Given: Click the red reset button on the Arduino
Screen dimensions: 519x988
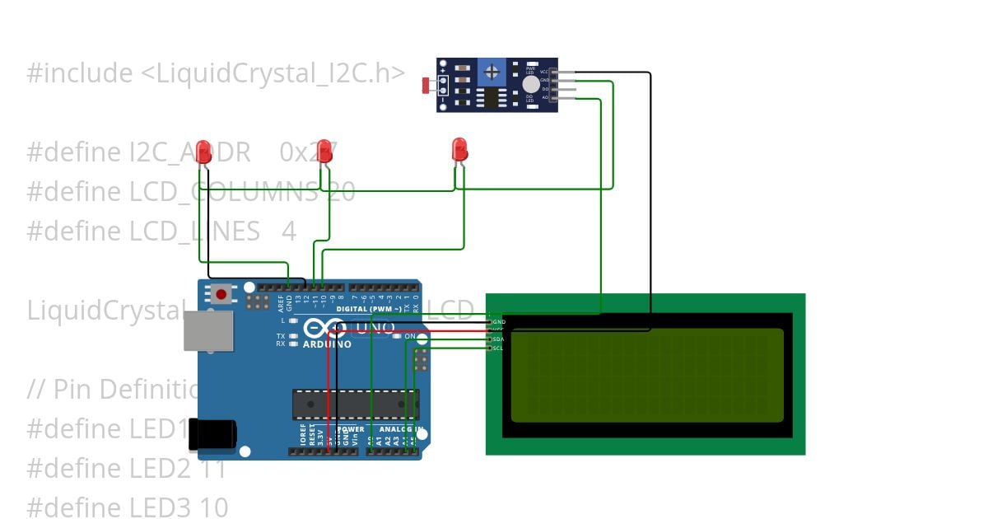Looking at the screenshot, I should (x=221, y=293).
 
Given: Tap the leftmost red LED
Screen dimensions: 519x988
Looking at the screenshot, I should (x=203, y=152).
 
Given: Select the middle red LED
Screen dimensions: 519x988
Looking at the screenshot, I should (x=324, y=151).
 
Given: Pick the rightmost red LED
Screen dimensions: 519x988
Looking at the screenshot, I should (x=460, y=149).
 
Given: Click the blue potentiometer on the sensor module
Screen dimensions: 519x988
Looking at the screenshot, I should (x=492, y=72).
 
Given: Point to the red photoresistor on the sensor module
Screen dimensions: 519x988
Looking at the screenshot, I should (x=426, y=85).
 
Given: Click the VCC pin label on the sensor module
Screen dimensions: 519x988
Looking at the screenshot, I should (x=544, y=72).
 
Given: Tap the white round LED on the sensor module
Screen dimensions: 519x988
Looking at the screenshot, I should (x=531, y=84).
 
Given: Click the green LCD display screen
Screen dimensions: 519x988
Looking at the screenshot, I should (x=647, y=375).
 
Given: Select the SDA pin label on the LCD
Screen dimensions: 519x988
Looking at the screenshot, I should (x=497, y=339).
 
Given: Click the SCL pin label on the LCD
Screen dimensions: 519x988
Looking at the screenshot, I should (x=497, y=348).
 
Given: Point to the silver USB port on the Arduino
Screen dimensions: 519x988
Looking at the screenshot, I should (x=208, y=331).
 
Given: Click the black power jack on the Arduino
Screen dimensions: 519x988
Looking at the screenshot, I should (x=212, y=434).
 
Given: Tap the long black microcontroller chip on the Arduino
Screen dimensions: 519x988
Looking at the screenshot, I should (x=356, y=404).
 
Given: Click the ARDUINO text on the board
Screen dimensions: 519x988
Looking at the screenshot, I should (x=327, y=344).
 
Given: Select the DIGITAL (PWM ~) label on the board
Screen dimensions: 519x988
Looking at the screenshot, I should (x=370, y=309).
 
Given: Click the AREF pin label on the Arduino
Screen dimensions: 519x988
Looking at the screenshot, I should (x=281, y=301).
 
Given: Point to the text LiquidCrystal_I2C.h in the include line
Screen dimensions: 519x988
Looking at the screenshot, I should (x=272, y=73).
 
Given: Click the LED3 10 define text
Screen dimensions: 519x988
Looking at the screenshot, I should (x=128, y=507).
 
